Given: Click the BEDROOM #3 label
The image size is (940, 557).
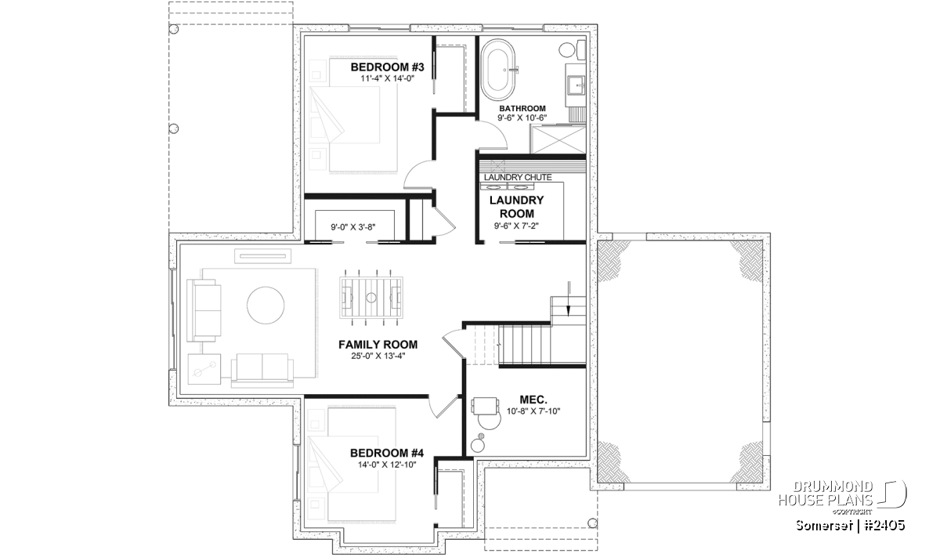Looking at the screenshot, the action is (x=387, y=67).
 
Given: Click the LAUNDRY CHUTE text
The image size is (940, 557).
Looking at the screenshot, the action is (x=518, y=178).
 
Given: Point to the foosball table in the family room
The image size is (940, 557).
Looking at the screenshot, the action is (x=371, y=298).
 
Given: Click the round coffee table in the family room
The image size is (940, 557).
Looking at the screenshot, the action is (x=266, y=306).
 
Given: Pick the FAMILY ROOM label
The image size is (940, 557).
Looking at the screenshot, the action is (x=378, y=345).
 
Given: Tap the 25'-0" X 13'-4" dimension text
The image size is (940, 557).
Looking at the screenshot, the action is (x=378, y=356).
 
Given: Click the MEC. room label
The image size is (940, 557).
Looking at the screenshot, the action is (x=533, y=400).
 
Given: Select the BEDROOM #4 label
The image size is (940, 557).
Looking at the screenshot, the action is (x=387, y=453).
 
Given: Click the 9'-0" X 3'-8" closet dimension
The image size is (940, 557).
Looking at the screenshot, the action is (x=353, y=227).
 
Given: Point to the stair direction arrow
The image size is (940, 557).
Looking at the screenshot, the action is (x=569, y=298).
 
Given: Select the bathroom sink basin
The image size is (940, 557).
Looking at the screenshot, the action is (x=577, y=86).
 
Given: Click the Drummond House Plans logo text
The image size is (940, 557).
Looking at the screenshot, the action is (x=826, y=493).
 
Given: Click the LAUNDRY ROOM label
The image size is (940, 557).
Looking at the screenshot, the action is (x=516, y=207).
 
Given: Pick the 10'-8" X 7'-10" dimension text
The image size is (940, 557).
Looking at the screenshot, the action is (x=533, y=411).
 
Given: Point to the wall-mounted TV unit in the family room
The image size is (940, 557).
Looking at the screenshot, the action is (x=262, y=255).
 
